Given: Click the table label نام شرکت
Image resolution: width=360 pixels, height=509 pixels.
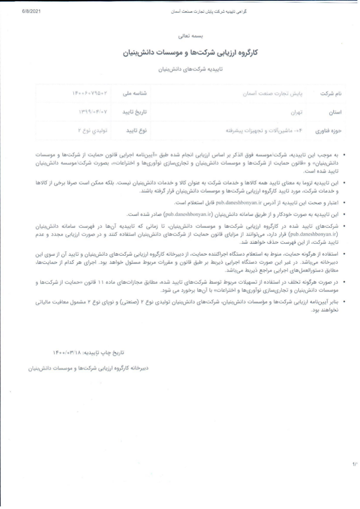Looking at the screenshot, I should point(331,93).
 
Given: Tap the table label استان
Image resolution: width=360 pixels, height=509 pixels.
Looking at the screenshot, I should point(335,112).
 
